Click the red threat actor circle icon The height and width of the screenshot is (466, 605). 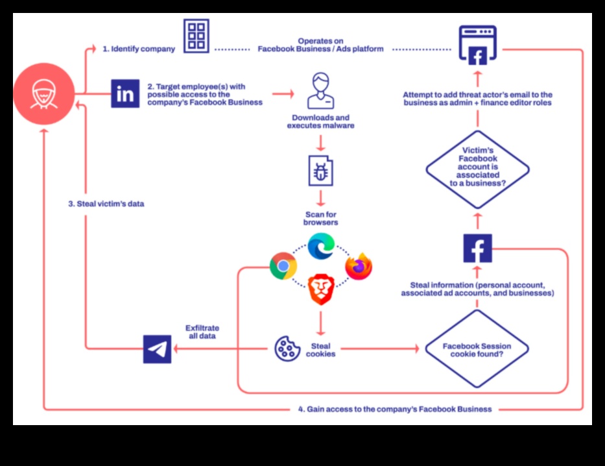[44, 93]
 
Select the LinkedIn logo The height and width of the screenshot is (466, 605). [125, 93]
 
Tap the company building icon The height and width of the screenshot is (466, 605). [196, 36]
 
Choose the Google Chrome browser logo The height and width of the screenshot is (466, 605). [283, 265]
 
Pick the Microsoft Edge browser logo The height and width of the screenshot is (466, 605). [320, 246]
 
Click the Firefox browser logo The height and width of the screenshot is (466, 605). [359, 266]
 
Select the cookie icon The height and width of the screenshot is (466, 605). [286, 349]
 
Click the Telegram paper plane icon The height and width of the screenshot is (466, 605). [158, 349]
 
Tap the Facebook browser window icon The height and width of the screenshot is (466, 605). [477, 45]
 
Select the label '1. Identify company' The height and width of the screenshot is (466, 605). [139, 49]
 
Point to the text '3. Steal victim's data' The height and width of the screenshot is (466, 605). [106, 204]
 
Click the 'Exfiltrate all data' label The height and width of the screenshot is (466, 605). [202, 332]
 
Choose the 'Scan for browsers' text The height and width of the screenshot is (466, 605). [320, 219]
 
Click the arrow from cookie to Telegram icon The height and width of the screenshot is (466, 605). [220, 349]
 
